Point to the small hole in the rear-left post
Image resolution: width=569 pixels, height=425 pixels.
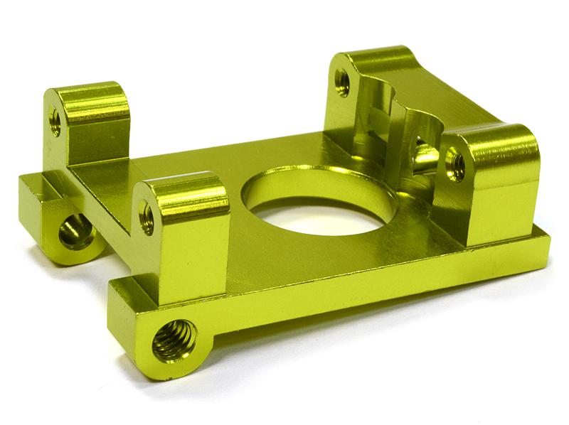(55, 121)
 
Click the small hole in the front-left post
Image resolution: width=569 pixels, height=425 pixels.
(147, 217)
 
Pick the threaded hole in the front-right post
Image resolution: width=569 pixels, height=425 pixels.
(455, 166)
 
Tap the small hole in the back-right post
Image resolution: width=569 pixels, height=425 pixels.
(342, 82)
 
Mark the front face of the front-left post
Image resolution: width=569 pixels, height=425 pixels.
(188, 252)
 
